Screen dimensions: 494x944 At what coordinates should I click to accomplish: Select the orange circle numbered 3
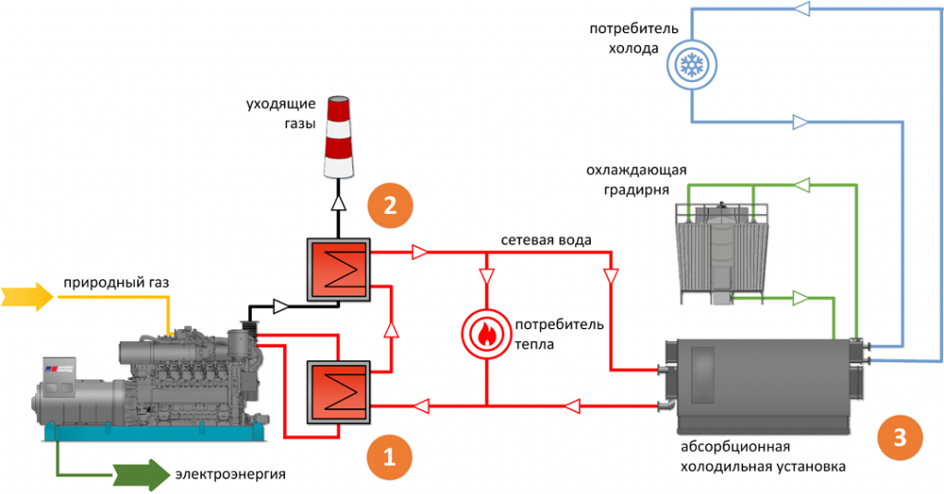(x=899, y=435)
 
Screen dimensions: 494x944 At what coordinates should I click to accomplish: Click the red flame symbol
(x=485, y=333)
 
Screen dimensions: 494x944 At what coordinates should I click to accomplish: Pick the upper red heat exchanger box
(x=338, y=271)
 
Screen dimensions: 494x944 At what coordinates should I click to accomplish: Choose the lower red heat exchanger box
(x=338, y=393)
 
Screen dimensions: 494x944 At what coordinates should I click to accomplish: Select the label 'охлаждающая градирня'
(x=635, y=182)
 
